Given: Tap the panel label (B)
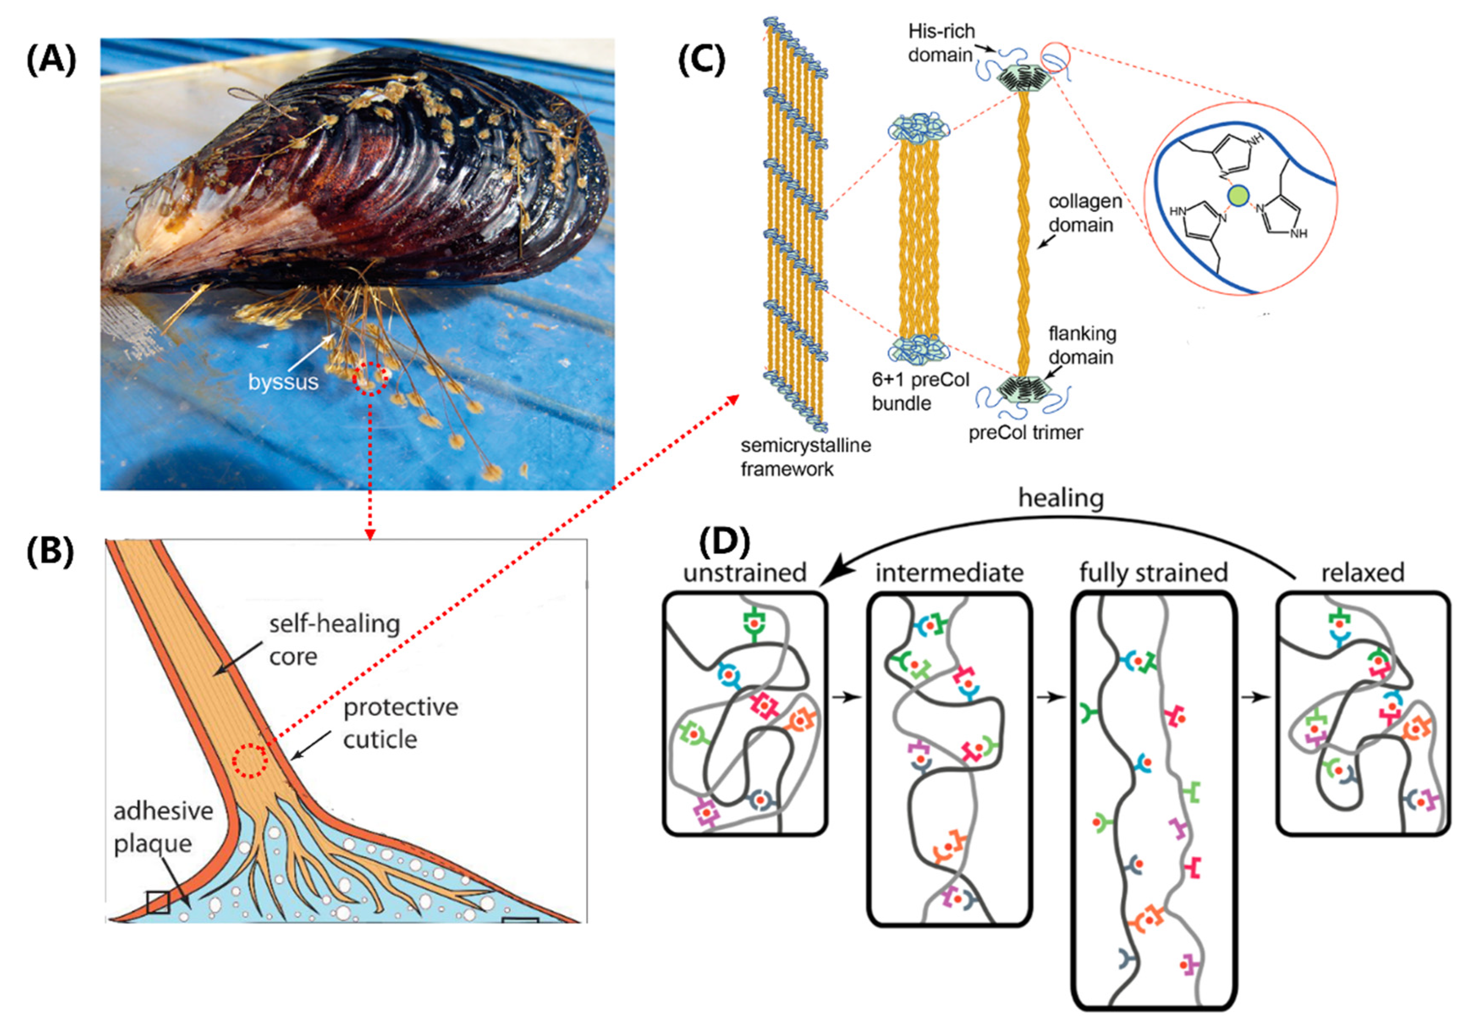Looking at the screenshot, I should point(50,551).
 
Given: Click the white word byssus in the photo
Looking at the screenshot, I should point(283,382).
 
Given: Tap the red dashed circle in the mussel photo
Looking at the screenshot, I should point(370,378).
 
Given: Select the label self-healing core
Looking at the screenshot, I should point(334,640).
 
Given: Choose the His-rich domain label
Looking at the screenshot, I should point(941,43).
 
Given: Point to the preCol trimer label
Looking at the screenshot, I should point(1025,433).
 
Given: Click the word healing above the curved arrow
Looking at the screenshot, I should point(1061,498).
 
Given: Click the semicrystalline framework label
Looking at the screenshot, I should point(805,457).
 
